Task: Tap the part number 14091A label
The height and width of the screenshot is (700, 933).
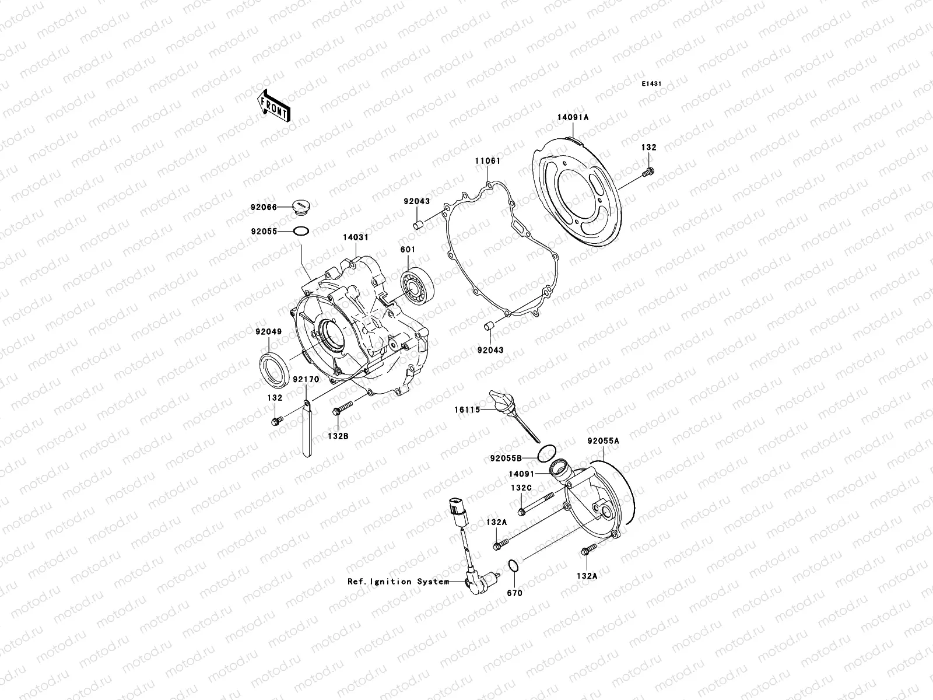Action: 573,117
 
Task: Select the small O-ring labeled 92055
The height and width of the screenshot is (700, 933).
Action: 301,232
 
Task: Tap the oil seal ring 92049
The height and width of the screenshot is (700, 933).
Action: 272,368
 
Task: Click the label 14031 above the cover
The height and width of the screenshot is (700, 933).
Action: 355,237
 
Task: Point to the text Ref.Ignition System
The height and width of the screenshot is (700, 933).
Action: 398,582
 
